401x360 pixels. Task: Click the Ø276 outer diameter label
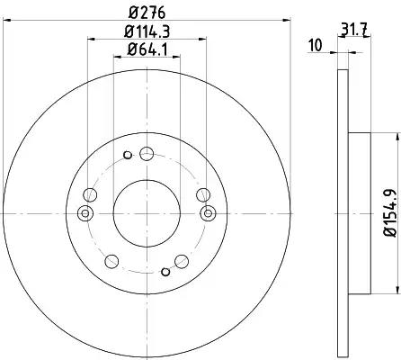[147, 13]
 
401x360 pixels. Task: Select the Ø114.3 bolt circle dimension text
[147, 31]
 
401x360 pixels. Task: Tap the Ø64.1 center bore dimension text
[147, 49]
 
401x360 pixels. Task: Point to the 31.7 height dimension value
[354, 31]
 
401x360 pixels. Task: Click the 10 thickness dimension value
[315, 45]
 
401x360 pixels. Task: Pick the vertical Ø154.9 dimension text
[391, 213]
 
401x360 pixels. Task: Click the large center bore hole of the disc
[147, 213]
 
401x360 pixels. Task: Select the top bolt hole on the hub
[147, 154]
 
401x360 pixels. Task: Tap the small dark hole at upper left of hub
[128, 155]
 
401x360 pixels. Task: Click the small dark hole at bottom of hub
[165, 272]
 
